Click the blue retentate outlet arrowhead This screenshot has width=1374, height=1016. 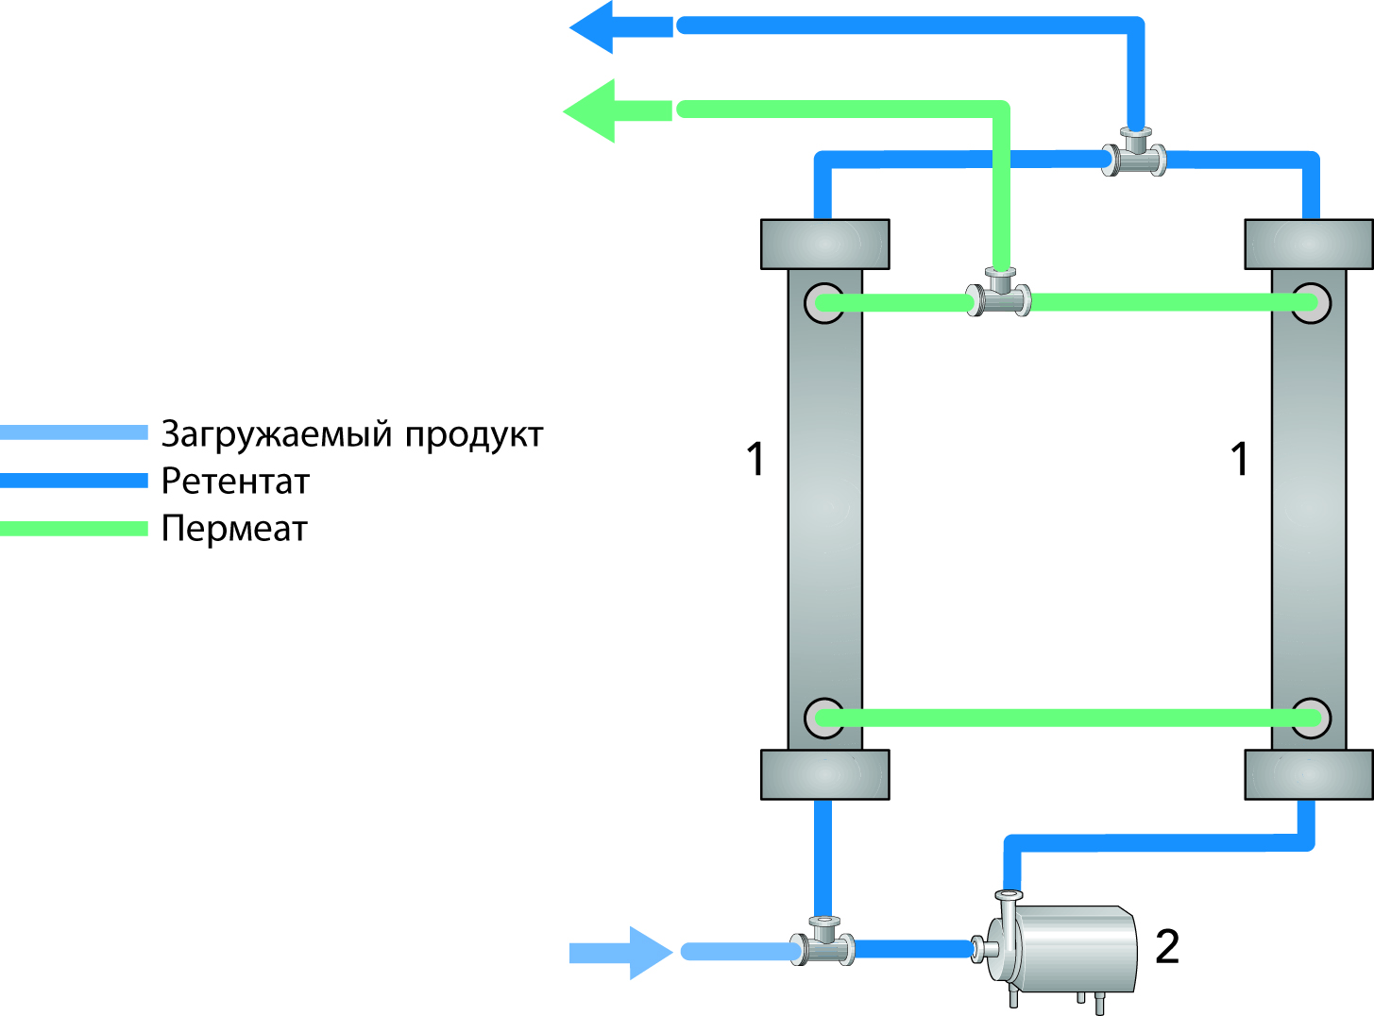click(595, 26)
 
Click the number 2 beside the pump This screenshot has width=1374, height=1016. click(1167, 947)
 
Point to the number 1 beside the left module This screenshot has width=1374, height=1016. click(755, 460)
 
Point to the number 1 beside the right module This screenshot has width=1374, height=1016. click(1240, 460)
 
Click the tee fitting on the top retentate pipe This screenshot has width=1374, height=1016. click(1134, 157)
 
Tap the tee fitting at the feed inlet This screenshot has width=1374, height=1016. click(823, 945)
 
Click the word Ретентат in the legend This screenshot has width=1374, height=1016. click(235, 482)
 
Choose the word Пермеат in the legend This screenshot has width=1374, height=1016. click(234, 529)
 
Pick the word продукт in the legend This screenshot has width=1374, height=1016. click(474, 435)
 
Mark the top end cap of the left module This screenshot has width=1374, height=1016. click(824, 245)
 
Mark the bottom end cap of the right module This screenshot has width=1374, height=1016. click(1309, 774)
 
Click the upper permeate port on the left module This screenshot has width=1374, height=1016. click(824, 303)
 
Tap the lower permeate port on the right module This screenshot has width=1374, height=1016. click(1311, 718)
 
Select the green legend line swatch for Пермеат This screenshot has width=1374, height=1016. click(74, 529)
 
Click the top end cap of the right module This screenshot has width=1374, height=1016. click(1309, 245)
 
